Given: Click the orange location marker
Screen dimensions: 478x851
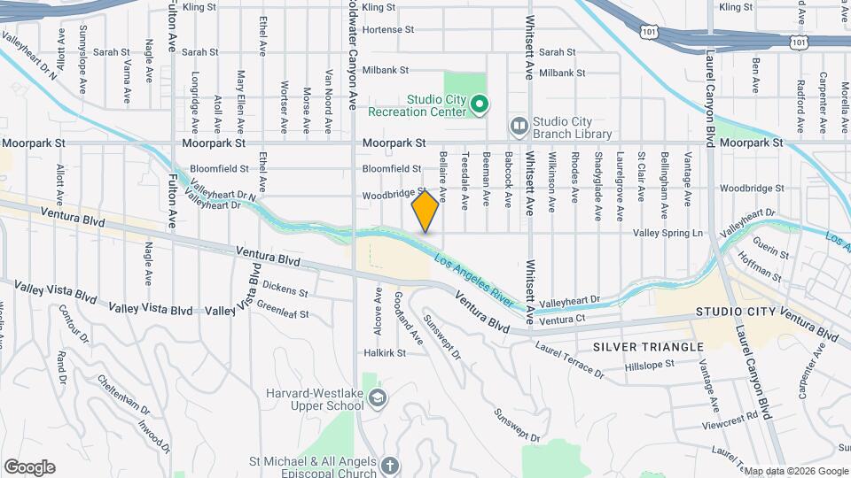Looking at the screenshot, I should [x=425, y=211].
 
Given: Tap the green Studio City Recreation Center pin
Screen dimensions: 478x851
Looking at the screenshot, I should [x=480, y=105].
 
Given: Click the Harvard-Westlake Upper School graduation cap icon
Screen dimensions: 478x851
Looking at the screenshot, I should [x=378, y=398].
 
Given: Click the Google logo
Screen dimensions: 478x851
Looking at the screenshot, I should [x=29, y=467].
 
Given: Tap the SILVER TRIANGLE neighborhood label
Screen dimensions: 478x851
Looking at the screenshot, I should [x=648, y=346].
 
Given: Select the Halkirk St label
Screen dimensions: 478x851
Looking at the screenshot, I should [x=384, y=352].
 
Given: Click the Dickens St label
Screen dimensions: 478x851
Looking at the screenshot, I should [x=285, y=289].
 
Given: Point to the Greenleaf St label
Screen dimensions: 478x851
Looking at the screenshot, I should [x=282, y=312].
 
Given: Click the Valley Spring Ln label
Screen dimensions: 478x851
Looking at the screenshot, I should [x=668, y=233].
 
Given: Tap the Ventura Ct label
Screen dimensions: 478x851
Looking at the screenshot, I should [x=563, y=318].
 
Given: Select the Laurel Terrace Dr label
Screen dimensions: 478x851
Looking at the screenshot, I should [x=570, y=361].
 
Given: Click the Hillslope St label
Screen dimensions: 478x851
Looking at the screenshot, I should [x=651, y=366].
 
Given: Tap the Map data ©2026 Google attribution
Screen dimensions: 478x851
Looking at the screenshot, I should [x=795, y=471].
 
